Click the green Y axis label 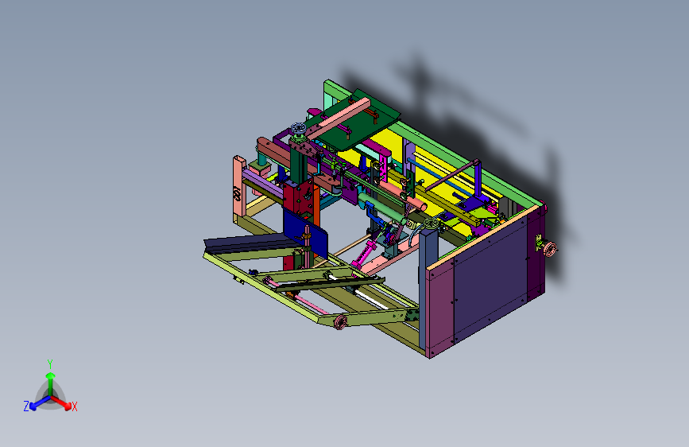tap(50, 364)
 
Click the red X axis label tap(74, 407)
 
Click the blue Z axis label tap(26, 406)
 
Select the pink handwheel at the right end tap(550, 249)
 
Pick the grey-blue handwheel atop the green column tap(298, 129)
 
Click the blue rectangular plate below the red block tap(305, 233)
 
